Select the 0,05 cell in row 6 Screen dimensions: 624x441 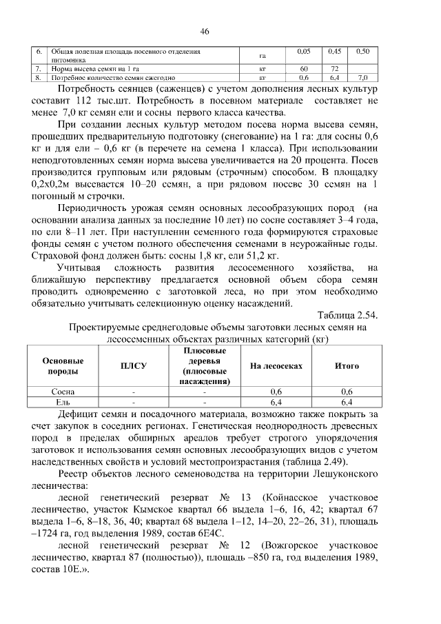(304, 52)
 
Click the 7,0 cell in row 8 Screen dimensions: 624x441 (363, 78)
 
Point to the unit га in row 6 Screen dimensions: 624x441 (263, 57)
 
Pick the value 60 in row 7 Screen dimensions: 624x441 (304, 70)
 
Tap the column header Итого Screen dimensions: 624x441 (347, 366)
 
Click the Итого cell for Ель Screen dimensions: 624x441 (347, 401)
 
